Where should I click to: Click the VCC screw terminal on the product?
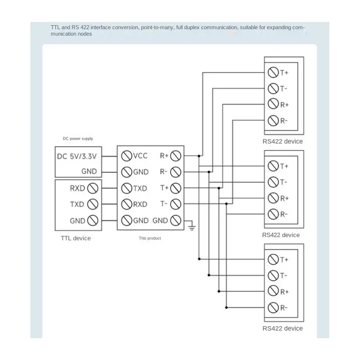tap(126, 156)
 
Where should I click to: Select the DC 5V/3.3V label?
tap(77, 156)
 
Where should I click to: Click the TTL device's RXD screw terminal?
tap(93, 188)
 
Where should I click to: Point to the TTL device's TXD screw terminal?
tap(93, 204)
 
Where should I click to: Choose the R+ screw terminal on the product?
tap(176, 156)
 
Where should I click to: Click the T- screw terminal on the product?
tap(176, 204)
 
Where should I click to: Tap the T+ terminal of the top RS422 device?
tap(272, 72)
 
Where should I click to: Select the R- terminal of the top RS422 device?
tap(272, 120)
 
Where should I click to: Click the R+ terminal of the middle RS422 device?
tap(272, 198)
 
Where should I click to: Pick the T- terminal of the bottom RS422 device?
tap(272, 275)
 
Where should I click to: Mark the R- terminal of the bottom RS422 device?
tap(272, 307)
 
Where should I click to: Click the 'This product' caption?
tap(149, 238)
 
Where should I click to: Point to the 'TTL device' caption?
tap(76, 238)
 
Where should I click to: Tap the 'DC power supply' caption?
tap(78, 139)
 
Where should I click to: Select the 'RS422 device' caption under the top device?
tap(282, 141)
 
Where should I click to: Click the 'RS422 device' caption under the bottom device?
tap(282, 328)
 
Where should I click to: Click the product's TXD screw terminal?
tap(126, 188)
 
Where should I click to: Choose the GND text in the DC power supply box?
tap(89, 171)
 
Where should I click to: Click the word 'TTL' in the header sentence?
tap(55, 27)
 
